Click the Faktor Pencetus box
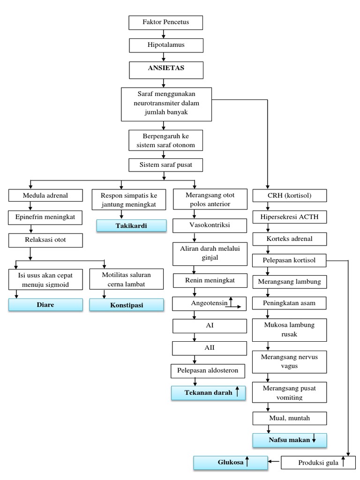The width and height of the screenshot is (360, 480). click(x=165, y=22)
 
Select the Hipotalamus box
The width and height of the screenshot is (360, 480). click(x=165, y=45)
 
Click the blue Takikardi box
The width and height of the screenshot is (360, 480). click(x=131, y=225)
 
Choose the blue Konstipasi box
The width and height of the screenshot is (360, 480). click(x=127, y=305)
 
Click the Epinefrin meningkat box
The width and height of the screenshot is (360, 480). click(x=45, y=217)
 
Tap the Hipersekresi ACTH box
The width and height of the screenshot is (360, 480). click(x=290, y=217)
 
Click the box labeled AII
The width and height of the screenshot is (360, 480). click(x=209, y=348)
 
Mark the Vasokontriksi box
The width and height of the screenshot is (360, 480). click(x=209, y=225)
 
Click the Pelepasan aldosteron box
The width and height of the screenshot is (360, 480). click(x=208, y=371)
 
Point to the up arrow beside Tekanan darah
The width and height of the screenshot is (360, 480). click(x=238, y=392)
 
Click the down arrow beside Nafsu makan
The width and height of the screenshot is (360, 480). click(x=314, y=440)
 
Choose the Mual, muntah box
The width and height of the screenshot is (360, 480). click(x=290, y=418)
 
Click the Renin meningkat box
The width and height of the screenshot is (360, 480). click(x=209, y=280)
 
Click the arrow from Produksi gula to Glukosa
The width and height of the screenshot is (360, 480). click(x=274, y=463)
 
